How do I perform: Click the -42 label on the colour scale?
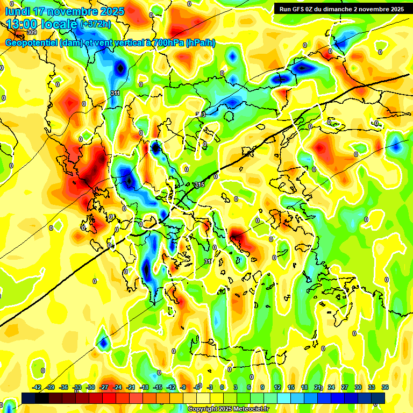click(37, 387)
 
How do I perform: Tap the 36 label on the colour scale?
click(385, 387)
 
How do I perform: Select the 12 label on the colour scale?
click(277, 387)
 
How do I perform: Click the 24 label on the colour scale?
click(331, 387)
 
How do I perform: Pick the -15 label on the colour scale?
click(158, 387)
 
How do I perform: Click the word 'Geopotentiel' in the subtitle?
click(32, 43)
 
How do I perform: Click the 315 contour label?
click(200, 184)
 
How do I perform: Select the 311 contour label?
click(115, 94)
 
